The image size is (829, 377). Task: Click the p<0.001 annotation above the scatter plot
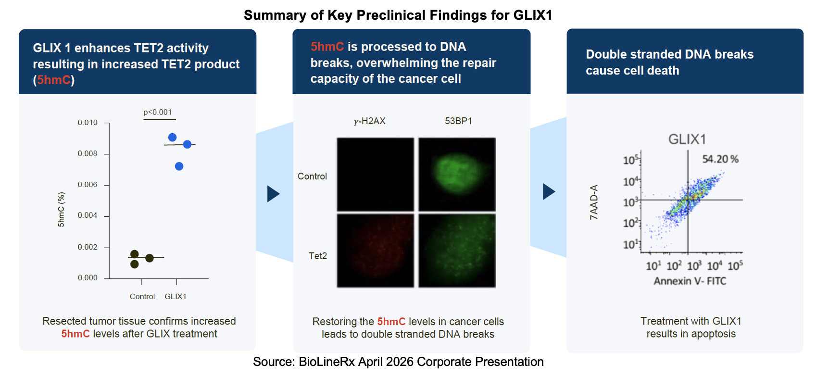coord(158,112)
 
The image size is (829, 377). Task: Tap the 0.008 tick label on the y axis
coord(88,153)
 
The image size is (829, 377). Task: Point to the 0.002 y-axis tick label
coord(88,247)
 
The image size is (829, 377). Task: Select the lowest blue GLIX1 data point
coord(179,166)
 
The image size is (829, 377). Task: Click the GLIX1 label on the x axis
coord(176,296)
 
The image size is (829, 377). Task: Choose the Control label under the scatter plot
coord(142,296)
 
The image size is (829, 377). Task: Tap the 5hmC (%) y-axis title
coord(61,210)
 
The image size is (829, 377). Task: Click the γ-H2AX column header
coord(369,121)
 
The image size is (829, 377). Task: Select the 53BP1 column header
coord(458,121)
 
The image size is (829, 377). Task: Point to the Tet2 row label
coord(318,256)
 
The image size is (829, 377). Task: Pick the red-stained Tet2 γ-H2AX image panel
coord(376,251)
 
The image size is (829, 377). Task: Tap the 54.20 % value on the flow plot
coord(720,159)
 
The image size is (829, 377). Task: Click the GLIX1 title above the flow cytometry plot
coord(687,139)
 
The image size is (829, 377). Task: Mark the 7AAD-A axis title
coord(594,202)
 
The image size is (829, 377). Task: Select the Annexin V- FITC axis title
coord(690,281)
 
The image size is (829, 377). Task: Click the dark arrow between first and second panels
coord(274,194)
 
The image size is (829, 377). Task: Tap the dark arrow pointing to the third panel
coord(549,191)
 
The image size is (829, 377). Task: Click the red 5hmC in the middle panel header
coord(327,47)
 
